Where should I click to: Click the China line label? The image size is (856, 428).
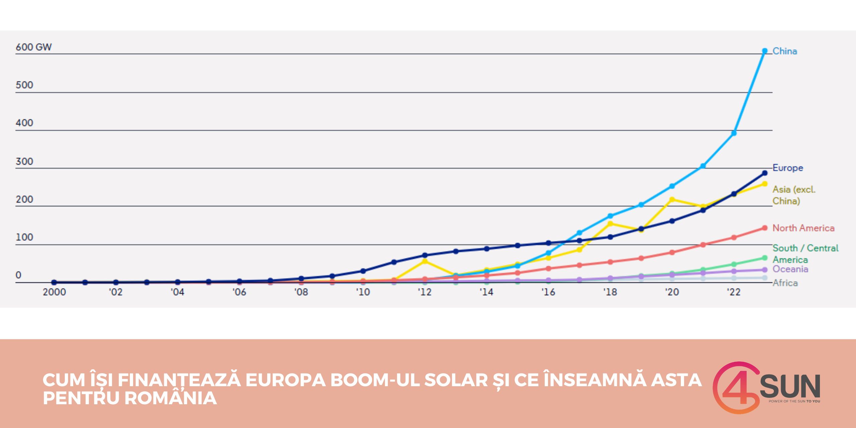click(x=784, y=51)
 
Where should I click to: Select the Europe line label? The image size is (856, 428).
click(x=787, y=168)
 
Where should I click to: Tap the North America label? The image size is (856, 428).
click(x=803, y=228)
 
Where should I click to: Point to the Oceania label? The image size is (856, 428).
click(x=790, y=269)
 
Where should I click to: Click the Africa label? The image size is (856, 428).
click(x=785, y=283)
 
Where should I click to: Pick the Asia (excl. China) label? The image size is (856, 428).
click(x=793, y=195)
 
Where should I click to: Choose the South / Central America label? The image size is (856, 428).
click(x=805, y=254)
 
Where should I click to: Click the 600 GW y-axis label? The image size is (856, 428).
click(x=33, y=47)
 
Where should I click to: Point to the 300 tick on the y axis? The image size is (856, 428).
click(x=24, y=162)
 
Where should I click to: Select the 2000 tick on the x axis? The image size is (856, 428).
click(x=54, y=292)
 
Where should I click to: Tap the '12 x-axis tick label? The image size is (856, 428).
click(x=425, y=292)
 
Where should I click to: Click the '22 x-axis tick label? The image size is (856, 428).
click(x=734, y=292)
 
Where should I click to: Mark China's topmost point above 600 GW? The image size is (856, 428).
click(x=765, y=51)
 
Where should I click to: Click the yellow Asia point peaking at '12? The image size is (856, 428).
click(x=425, y=261)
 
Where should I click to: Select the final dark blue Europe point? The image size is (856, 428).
click(x=765, y=173)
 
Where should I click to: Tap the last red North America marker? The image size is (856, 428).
click(x=765, y=228)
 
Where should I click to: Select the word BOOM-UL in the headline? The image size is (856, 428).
click(x=374, y=380)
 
